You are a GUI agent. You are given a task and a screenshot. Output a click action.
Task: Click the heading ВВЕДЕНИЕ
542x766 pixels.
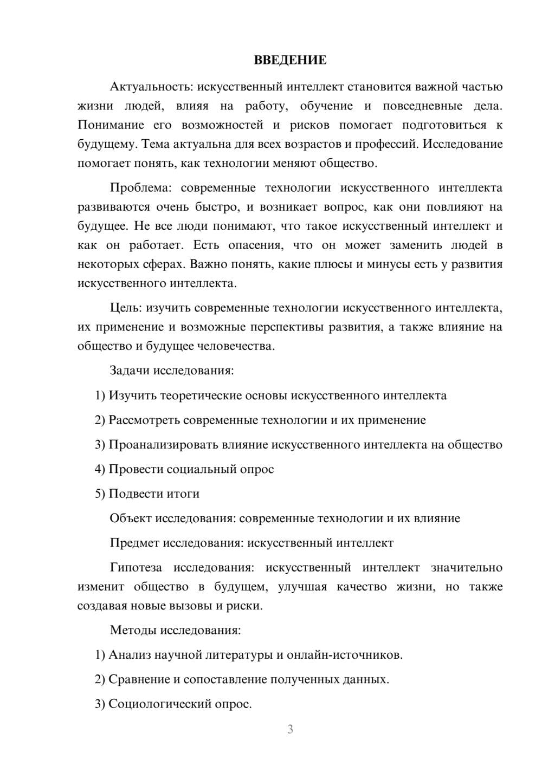[x=290, y=60]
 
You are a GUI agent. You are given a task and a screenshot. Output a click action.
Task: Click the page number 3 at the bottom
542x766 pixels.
[x=290, y=729]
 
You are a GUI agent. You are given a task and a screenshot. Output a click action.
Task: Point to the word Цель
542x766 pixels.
[x=125, y=308]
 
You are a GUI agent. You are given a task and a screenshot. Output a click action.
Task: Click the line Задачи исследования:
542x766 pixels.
[x=172, y=371]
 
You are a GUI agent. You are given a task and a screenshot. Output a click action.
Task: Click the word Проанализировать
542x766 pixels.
[x=163, y=445]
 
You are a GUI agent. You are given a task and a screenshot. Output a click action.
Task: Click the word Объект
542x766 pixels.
[x=131, y=518]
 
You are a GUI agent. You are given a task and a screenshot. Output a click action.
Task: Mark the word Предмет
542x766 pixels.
[x=134, y=543]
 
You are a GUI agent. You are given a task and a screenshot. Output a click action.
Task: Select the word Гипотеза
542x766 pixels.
[x=135, y=568]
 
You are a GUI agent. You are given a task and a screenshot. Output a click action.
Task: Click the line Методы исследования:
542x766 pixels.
[x=175, y=630]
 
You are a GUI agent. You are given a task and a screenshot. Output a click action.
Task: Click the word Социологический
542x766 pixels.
[x=158, y=704]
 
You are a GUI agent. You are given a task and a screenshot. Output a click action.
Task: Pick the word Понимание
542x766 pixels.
[x=111, y=125]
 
